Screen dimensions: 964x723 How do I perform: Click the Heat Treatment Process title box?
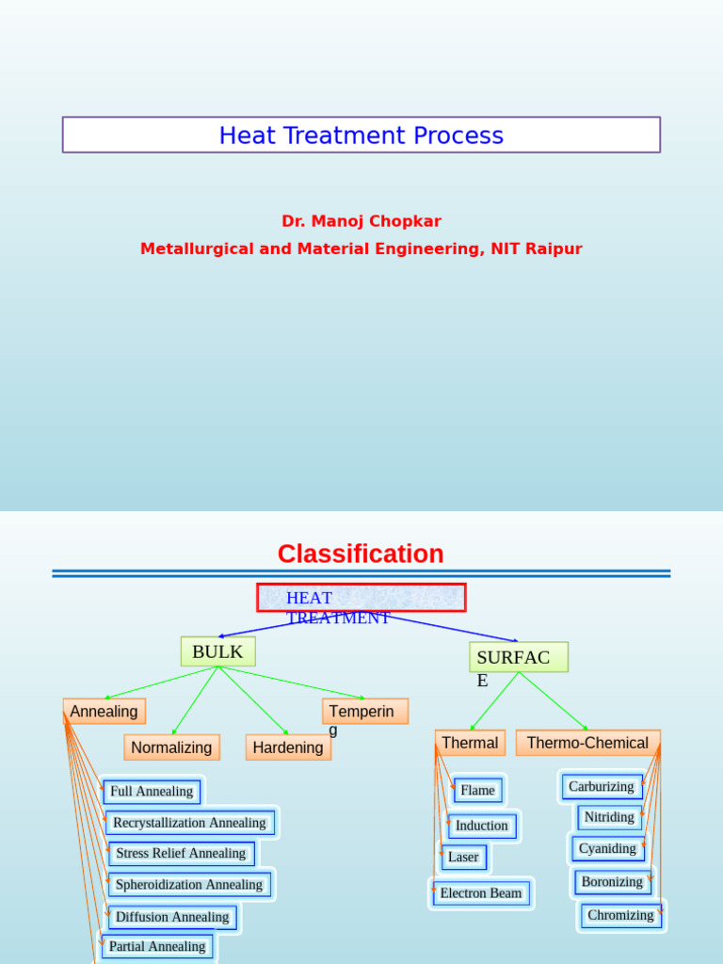(361, 135)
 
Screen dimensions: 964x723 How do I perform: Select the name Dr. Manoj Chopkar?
(361, 221)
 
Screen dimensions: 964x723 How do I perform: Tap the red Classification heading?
(361, 554)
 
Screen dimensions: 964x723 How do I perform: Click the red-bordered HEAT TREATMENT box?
(361, 598)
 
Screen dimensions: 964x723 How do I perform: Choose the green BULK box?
(217, 651)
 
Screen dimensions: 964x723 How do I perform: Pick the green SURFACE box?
(518, 657)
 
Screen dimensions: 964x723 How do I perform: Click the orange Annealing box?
(104, 712)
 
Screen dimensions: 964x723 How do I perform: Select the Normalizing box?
(171, 747)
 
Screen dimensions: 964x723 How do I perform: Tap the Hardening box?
(288, 747)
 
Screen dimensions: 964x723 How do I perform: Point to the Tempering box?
(365, 712)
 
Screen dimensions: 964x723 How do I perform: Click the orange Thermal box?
(470, 743)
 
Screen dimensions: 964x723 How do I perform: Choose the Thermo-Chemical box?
(587, 743)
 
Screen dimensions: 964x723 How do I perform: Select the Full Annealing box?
(152, 792)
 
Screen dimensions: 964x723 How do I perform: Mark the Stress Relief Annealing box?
(181, 854)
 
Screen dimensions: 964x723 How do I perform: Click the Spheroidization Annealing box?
(189, 885)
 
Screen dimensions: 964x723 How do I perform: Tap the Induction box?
(482, 826)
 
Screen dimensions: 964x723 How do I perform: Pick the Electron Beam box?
(481, 893)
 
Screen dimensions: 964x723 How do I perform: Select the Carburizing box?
(602, 787)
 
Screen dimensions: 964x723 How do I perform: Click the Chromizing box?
(620, 915)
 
